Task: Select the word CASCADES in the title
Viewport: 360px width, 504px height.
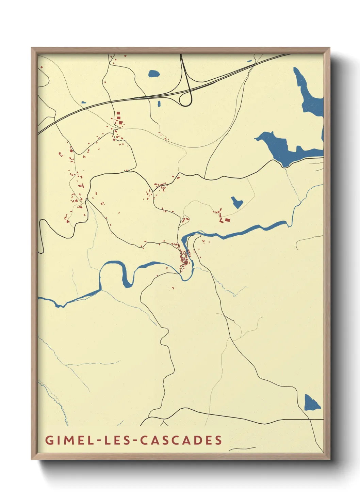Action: [181, 440]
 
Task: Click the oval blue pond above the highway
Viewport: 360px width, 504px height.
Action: [153, 73]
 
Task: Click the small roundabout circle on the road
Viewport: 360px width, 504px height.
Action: [87, 199]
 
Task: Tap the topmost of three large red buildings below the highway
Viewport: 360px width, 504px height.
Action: [118, 113]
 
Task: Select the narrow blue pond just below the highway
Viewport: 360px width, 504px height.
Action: [159, 104]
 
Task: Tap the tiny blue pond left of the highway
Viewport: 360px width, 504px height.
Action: [83, 102]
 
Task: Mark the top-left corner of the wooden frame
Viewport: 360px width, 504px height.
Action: [32, 48]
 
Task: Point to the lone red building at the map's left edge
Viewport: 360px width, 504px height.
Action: [42, 67]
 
